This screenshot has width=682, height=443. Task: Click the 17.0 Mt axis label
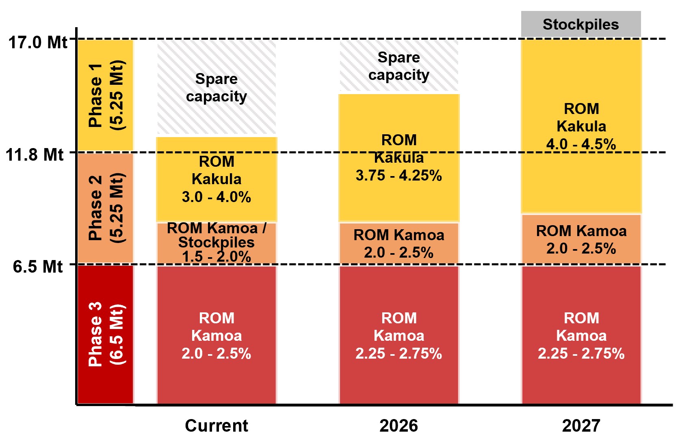click(37, 42)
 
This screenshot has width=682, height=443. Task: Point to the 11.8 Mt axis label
click(35, 155)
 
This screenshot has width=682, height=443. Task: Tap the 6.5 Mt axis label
click(38, 267)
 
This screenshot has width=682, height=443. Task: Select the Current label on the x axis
click(216, 426)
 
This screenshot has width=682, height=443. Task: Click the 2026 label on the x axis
click(398, 426)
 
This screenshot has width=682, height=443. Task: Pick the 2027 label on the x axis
click(581, 426)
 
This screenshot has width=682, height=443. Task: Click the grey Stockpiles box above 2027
click(581, 24)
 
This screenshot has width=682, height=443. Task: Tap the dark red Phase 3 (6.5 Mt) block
click(106, 334)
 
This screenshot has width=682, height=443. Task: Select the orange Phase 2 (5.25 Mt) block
click(106, 208)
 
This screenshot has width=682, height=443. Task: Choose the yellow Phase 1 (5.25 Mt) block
click(106, 95)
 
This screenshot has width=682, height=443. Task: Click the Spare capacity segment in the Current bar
click(217, 87)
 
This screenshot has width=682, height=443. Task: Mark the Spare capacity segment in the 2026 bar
click(399, 66)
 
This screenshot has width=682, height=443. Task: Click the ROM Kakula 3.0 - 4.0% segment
click(217, 179)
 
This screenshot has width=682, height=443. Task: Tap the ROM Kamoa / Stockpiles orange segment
click(217, 243)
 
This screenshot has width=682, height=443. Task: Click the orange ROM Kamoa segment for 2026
click(399, 243)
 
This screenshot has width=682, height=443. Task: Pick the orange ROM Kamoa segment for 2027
click(581, 239)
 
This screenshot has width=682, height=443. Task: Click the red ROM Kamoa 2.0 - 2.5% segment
click(217, 335)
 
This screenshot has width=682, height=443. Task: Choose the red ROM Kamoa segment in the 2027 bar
click(581, 335)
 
